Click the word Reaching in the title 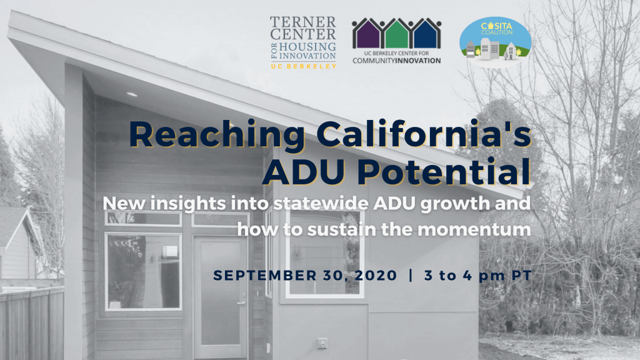click(217, 135)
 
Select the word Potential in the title click(444, 171)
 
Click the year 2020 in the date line click(376, 276)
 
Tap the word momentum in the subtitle click(474, 229)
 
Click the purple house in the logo click(367, 34)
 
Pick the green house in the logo click(396, 34)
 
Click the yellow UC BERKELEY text click(303, 66)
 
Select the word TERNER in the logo click(303, 22)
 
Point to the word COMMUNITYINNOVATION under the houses click(396, 61)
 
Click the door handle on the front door click(242, 303)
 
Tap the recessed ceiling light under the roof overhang click(132, 94)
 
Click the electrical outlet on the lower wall click(322, 344)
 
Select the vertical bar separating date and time click(411, 276)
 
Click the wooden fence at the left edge click(32, 322)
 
